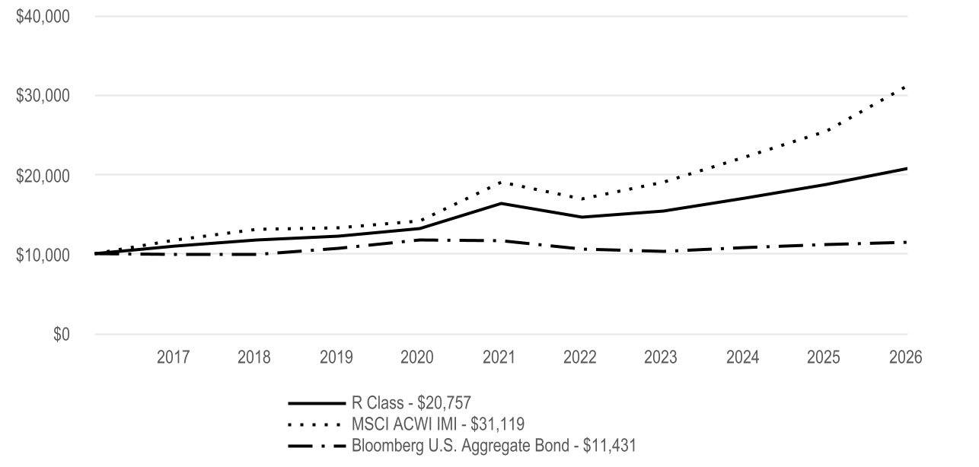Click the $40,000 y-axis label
pyautogui.click(x=43, y=17)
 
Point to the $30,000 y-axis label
pyautogui.click(x=43, y=96)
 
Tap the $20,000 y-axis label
pyautogui.click(x=43, y=176)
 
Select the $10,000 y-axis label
pyautogui.click(x=43, y=255)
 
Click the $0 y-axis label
pyautogui.click(x=61, y=335)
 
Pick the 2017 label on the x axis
pyautogui.click(x=173, y=357)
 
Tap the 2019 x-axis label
pyautogui.click(x=336, y=357)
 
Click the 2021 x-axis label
pyautogui.click(x=499, y=357)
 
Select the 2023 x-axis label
pyautogui.click(x=660, y=357)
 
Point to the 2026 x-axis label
pyautogui.click(x=906, y=357)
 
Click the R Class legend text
pyautogui.click(x=411, y=403)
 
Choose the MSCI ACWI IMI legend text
pyautogui.click(x=438, y=424)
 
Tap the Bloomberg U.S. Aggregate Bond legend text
pyautogui.click(x=494, y=446)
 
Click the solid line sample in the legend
pyautogui.click(x=317, y=403)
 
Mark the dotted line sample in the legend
pyautogui.click(x=314, y=424)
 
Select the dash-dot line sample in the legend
pyautogui.click(x=317, y=446)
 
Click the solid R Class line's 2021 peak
pyautogui.click(x=501, y=203)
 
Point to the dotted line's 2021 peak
pyautogui.click(x=500, y=182)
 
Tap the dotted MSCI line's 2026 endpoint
pyautogui.click(x=906, y=87)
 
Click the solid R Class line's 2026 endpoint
pyautogui.click(x=907, y=169)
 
